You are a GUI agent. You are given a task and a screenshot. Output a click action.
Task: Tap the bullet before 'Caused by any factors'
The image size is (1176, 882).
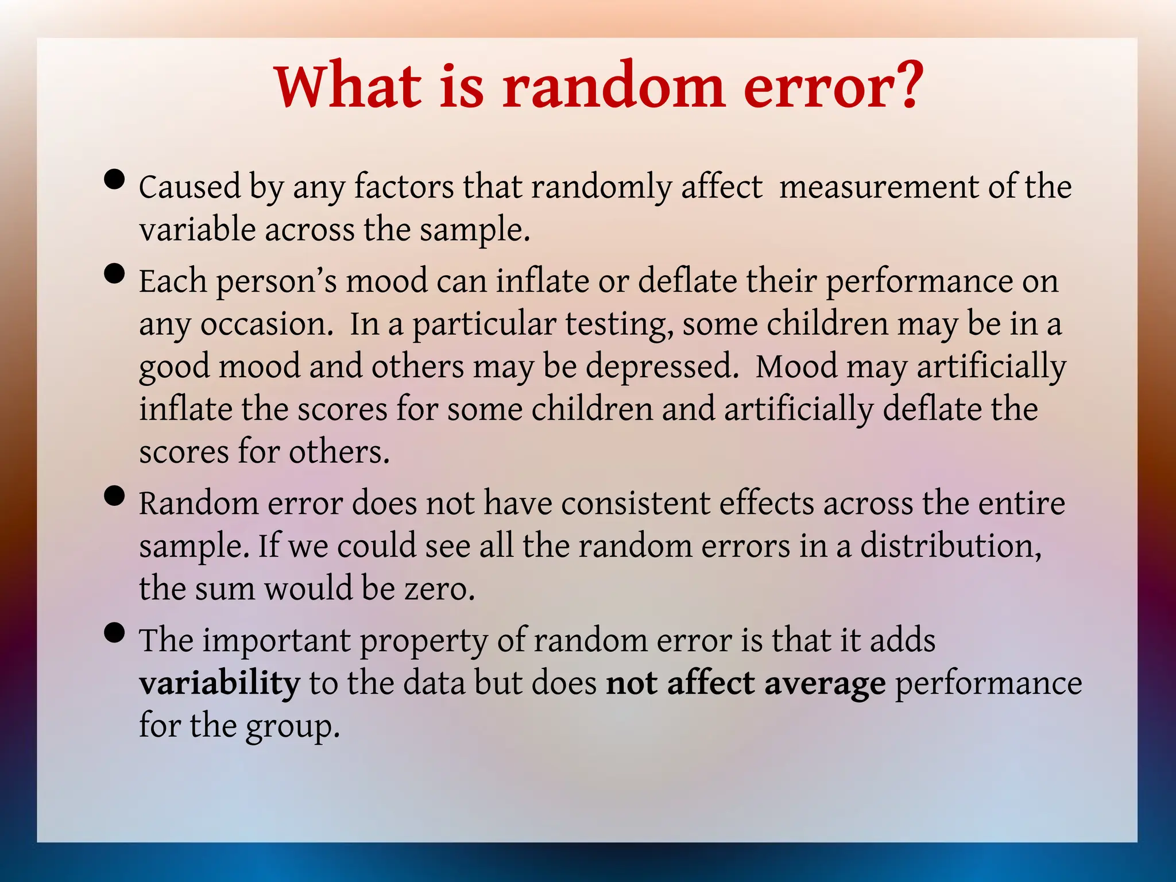click(115, 179)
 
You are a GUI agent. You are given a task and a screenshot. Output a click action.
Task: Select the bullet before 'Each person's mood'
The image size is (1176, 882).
click(115, 274)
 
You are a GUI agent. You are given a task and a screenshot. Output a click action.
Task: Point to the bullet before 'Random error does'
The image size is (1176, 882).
click(115, 496)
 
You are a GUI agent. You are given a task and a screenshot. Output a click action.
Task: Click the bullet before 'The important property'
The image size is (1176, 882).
click(115, 633)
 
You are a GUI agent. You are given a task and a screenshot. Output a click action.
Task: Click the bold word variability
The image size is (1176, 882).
click(219, 683)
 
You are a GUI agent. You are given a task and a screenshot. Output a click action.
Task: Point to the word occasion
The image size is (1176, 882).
click(266, 325)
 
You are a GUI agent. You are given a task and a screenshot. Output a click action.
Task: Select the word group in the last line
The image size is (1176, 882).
click(293, 727)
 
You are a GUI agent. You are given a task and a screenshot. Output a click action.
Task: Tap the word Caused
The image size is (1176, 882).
click(189, 187)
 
